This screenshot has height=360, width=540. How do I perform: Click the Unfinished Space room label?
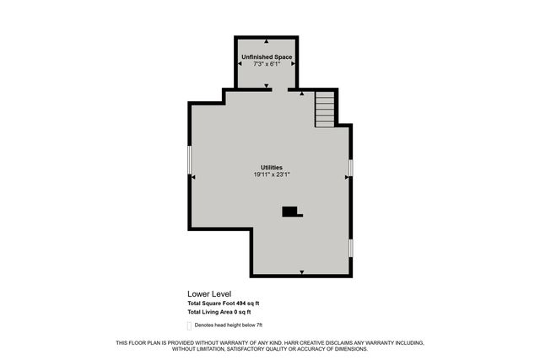pyautogui.click(x=267, y=56)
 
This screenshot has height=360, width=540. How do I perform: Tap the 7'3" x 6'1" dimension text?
pyautogui.click(x=267, y=64)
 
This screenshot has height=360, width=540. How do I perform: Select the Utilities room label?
pyautogui.click(x=271, y=168)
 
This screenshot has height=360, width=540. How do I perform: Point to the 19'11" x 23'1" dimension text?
pyautogui.click(x=271, y=175)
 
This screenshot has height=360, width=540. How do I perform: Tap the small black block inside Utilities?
pyautogui.click(x=291, y=212)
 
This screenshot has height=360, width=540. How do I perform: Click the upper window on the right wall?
pyautogui.click(x=350, y=168)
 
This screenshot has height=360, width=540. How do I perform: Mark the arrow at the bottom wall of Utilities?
pyautogui.click(x=301, y=271)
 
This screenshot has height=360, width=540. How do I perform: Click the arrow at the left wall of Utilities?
pyautogui.click(x=193, y=177)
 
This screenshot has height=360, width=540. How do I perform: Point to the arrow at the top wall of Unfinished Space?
pyautogui.click(x=267, y=40)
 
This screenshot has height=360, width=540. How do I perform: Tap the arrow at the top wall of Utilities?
pyautogui.click(x=301, y=94)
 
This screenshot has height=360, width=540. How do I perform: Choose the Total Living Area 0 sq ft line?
pyautogui.click(x=219, y=313)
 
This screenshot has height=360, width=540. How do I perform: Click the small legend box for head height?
pyautogui.click(x=189, y=325)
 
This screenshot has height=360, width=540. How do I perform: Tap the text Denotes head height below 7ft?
pyautogui.click(x=229, y=325)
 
